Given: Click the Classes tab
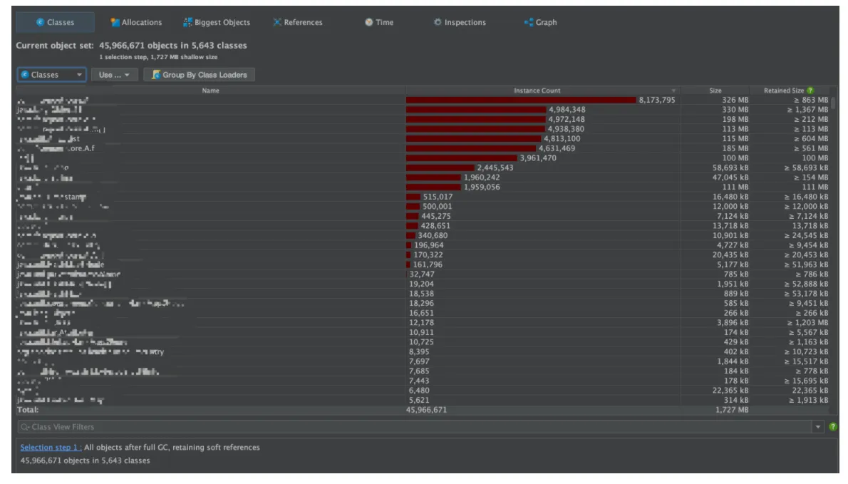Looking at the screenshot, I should coord(55,22).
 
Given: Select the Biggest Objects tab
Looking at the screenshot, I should coord(217,22).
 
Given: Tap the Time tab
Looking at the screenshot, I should coord(379,22).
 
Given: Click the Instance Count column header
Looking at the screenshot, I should coord(537,91).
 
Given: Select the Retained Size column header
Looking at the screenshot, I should coord(784,91).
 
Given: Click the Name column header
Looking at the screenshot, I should coord(211,91).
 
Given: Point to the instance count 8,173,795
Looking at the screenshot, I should coord(657,101).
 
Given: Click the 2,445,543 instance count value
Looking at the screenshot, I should coord(495,168).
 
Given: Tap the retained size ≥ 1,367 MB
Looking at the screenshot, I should coord(807,110).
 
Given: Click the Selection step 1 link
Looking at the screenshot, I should coord(50,448).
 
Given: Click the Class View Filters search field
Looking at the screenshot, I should coord(413,427).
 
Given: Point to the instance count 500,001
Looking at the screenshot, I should coord(437,207).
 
